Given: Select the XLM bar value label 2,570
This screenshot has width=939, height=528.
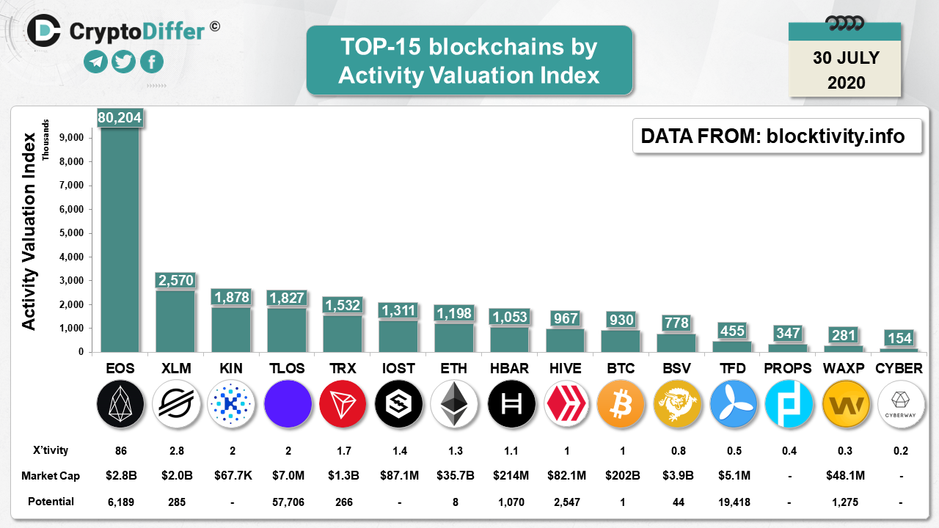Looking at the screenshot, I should tap(175, 280).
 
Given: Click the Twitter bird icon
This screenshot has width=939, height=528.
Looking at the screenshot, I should tap(124, 62).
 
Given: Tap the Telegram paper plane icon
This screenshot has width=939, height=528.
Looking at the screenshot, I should tap(96, 62).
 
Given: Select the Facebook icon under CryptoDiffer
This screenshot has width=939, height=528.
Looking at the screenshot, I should tap(152, 62).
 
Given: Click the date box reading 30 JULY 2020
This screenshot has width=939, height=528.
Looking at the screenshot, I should tap(845, 70).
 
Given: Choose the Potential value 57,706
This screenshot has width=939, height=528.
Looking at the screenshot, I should tap(287, 502).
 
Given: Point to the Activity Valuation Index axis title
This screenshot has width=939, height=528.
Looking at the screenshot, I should tap(29, 231).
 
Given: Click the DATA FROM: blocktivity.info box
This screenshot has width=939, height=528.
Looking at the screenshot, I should tap(777, 136).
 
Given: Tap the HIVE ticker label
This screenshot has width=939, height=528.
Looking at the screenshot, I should tap(565, 368).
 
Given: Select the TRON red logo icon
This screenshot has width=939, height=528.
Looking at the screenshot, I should tap(343, 403).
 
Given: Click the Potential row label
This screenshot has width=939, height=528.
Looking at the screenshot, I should tap(51, 502).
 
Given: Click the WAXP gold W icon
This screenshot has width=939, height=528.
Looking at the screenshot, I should tap(844, 403).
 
